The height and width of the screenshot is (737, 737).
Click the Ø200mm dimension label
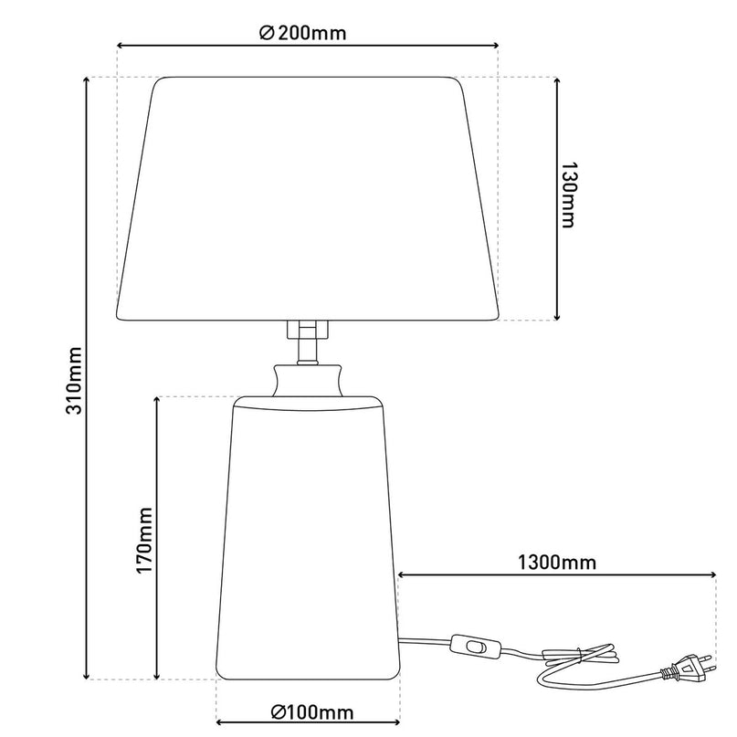(302, 33)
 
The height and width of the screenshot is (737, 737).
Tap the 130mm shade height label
(568, 195)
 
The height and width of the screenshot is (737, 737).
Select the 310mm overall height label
(74, 381)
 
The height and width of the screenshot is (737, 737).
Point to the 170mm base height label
(145, 541)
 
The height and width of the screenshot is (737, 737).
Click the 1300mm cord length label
(557, 563)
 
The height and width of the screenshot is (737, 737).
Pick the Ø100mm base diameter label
(312, 712)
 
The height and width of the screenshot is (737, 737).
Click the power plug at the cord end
(688, 669)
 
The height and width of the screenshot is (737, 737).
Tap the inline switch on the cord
(474, 647)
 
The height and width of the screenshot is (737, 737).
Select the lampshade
(308, 199)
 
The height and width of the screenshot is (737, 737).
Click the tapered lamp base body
(308, 538)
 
